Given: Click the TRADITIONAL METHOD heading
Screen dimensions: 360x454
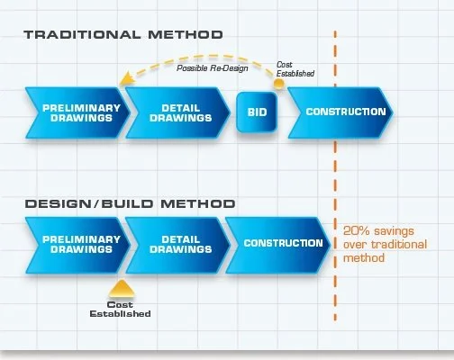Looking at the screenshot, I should click(123, 36).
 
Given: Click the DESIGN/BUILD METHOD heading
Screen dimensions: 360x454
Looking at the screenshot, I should click(130, 204).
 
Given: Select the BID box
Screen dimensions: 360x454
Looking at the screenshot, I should click(256, 112).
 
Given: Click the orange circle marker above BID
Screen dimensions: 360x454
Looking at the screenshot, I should click(279, 84).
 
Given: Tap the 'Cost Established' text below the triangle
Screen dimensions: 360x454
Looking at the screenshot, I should click(119, 309).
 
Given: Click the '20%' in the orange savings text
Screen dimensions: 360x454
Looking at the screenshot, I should click(355, 229).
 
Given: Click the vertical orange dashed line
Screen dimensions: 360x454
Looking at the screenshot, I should click(335, 180).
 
